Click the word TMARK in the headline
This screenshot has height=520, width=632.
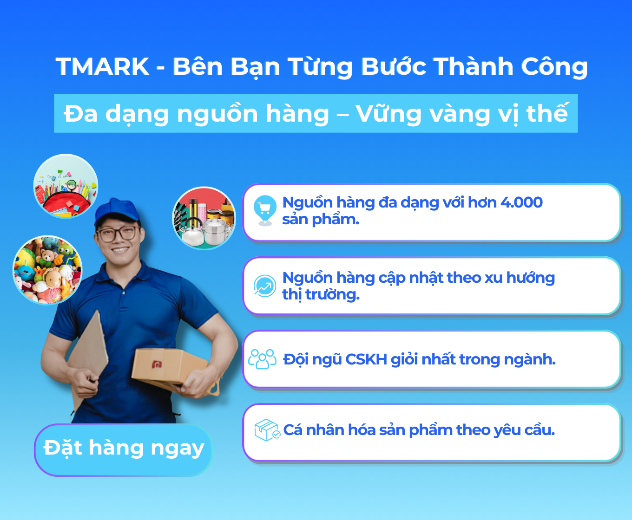[x=102, y=66]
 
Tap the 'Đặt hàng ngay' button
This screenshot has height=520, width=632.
[x=123, y=449]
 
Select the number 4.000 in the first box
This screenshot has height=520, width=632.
[x=521, y=202]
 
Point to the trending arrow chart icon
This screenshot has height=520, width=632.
[x=264, y=286]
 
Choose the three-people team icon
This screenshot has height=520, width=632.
[x=262, y=359]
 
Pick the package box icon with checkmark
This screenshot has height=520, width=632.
[x=267, y=430]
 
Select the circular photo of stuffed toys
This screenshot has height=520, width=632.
[x=47, y=270]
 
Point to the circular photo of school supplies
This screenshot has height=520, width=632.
[x=66, y=186]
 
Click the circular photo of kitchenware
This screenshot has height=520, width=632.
[x=204, y=218]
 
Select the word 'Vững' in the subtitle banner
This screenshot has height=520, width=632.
[x=388, y=114]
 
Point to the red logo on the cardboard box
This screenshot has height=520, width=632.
[x=157, y=364]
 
